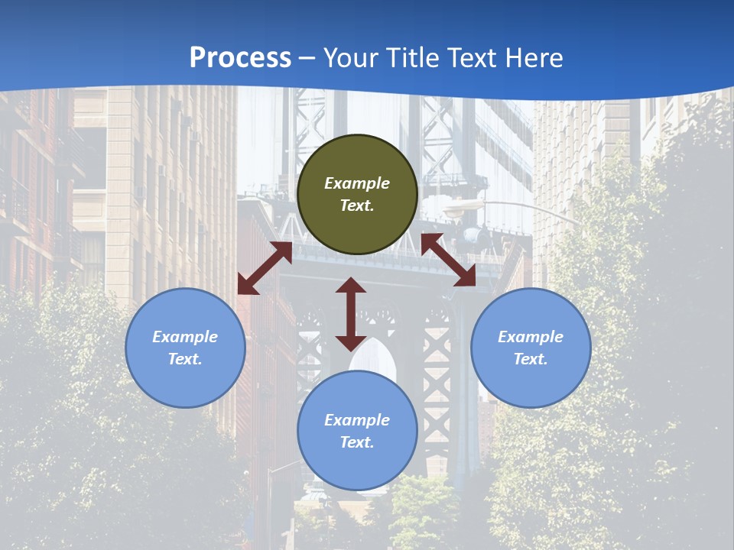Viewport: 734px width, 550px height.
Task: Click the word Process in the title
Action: point(240,58)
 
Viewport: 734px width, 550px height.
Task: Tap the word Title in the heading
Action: point(411,58)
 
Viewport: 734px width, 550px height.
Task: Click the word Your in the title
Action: point(352,58)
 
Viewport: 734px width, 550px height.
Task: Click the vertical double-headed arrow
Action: point(351,314)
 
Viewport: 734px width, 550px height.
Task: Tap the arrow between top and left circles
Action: point(265,267)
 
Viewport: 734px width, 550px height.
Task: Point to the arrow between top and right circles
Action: point(448,260)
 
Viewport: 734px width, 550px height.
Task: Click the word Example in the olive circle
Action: point(357,183)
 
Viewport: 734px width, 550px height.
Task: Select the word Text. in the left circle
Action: point(185,359)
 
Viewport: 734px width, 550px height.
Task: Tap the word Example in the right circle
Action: point(531,337)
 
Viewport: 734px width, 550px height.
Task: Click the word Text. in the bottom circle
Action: point(357,442)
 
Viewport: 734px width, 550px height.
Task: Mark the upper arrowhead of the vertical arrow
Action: point(351,286)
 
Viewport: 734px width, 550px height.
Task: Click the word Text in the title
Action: point(472,58)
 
